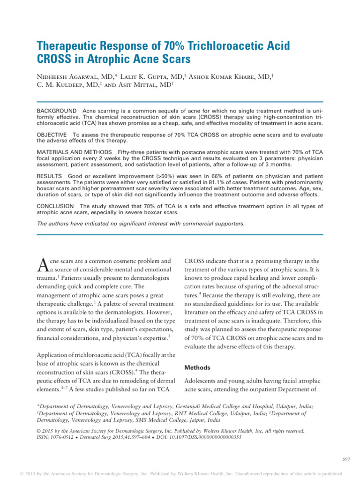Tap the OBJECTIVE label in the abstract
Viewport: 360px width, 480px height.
(52, 134)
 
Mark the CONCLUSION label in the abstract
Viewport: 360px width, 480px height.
(55, 206)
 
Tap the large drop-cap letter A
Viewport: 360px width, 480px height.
(42, 265)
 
